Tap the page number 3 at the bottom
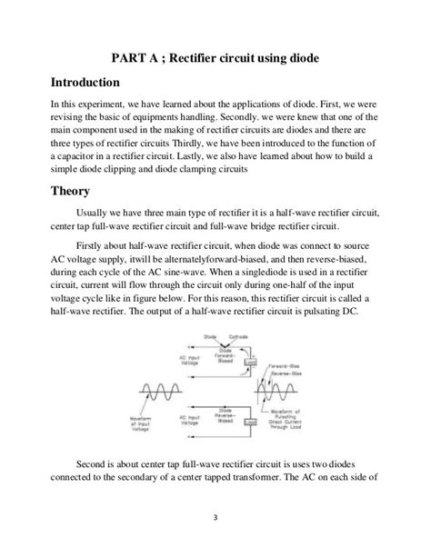pyautogui.click(x=215, y=519)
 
